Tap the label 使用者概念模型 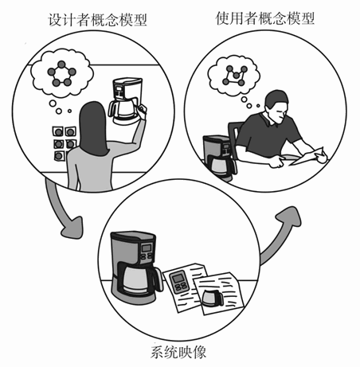(265, 15)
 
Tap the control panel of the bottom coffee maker (148, 250)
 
